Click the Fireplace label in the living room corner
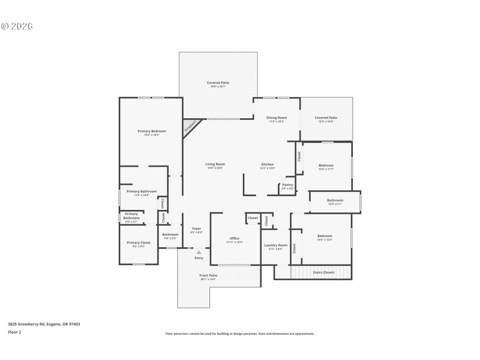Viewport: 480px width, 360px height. pos(190,125)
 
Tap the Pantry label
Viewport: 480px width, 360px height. pos(287,185)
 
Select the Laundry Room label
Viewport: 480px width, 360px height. pos(276,245)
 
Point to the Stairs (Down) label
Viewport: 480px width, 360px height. pos(324,272)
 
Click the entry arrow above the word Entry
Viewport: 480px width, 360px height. pos(199,253)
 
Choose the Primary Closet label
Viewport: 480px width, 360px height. pos(139,242)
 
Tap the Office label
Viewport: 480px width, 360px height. pos(235,238)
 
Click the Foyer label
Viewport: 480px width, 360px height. pos(196,229)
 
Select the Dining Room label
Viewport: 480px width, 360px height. pos(277,118)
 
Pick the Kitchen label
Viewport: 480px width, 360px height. pos(268,164)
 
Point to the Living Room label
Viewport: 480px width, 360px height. pos(215,164)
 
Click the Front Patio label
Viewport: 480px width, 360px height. pos(208,275)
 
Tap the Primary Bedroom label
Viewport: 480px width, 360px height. pos(151,131)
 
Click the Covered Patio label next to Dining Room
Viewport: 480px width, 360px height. pos(326,118)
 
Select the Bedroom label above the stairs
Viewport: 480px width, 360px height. pos(325,236)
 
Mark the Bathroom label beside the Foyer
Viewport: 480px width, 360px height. pos(170,235)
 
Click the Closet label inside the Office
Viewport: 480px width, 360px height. pos(253,218)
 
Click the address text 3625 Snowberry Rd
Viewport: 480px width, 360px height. pos(44,324)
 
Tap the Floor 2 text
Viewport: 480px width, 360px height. pos(14,332)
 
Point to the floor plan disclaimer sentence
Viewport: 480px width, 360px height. pos(240,334)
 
